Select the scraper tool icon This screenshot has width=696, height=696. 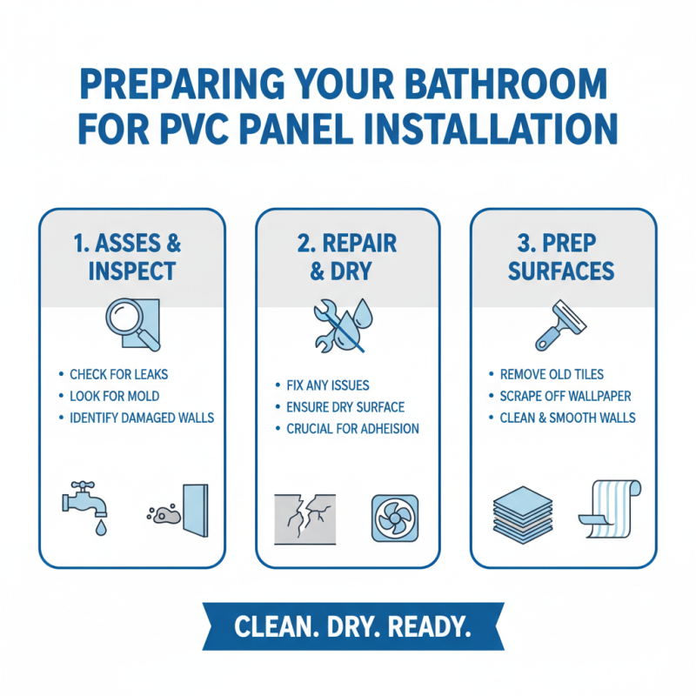point(561,325)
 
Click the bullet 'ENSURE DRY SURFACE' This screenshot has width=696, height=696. point(345,406)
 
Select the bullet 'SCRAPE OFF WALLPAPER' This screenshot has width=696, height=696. point(565,396)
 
